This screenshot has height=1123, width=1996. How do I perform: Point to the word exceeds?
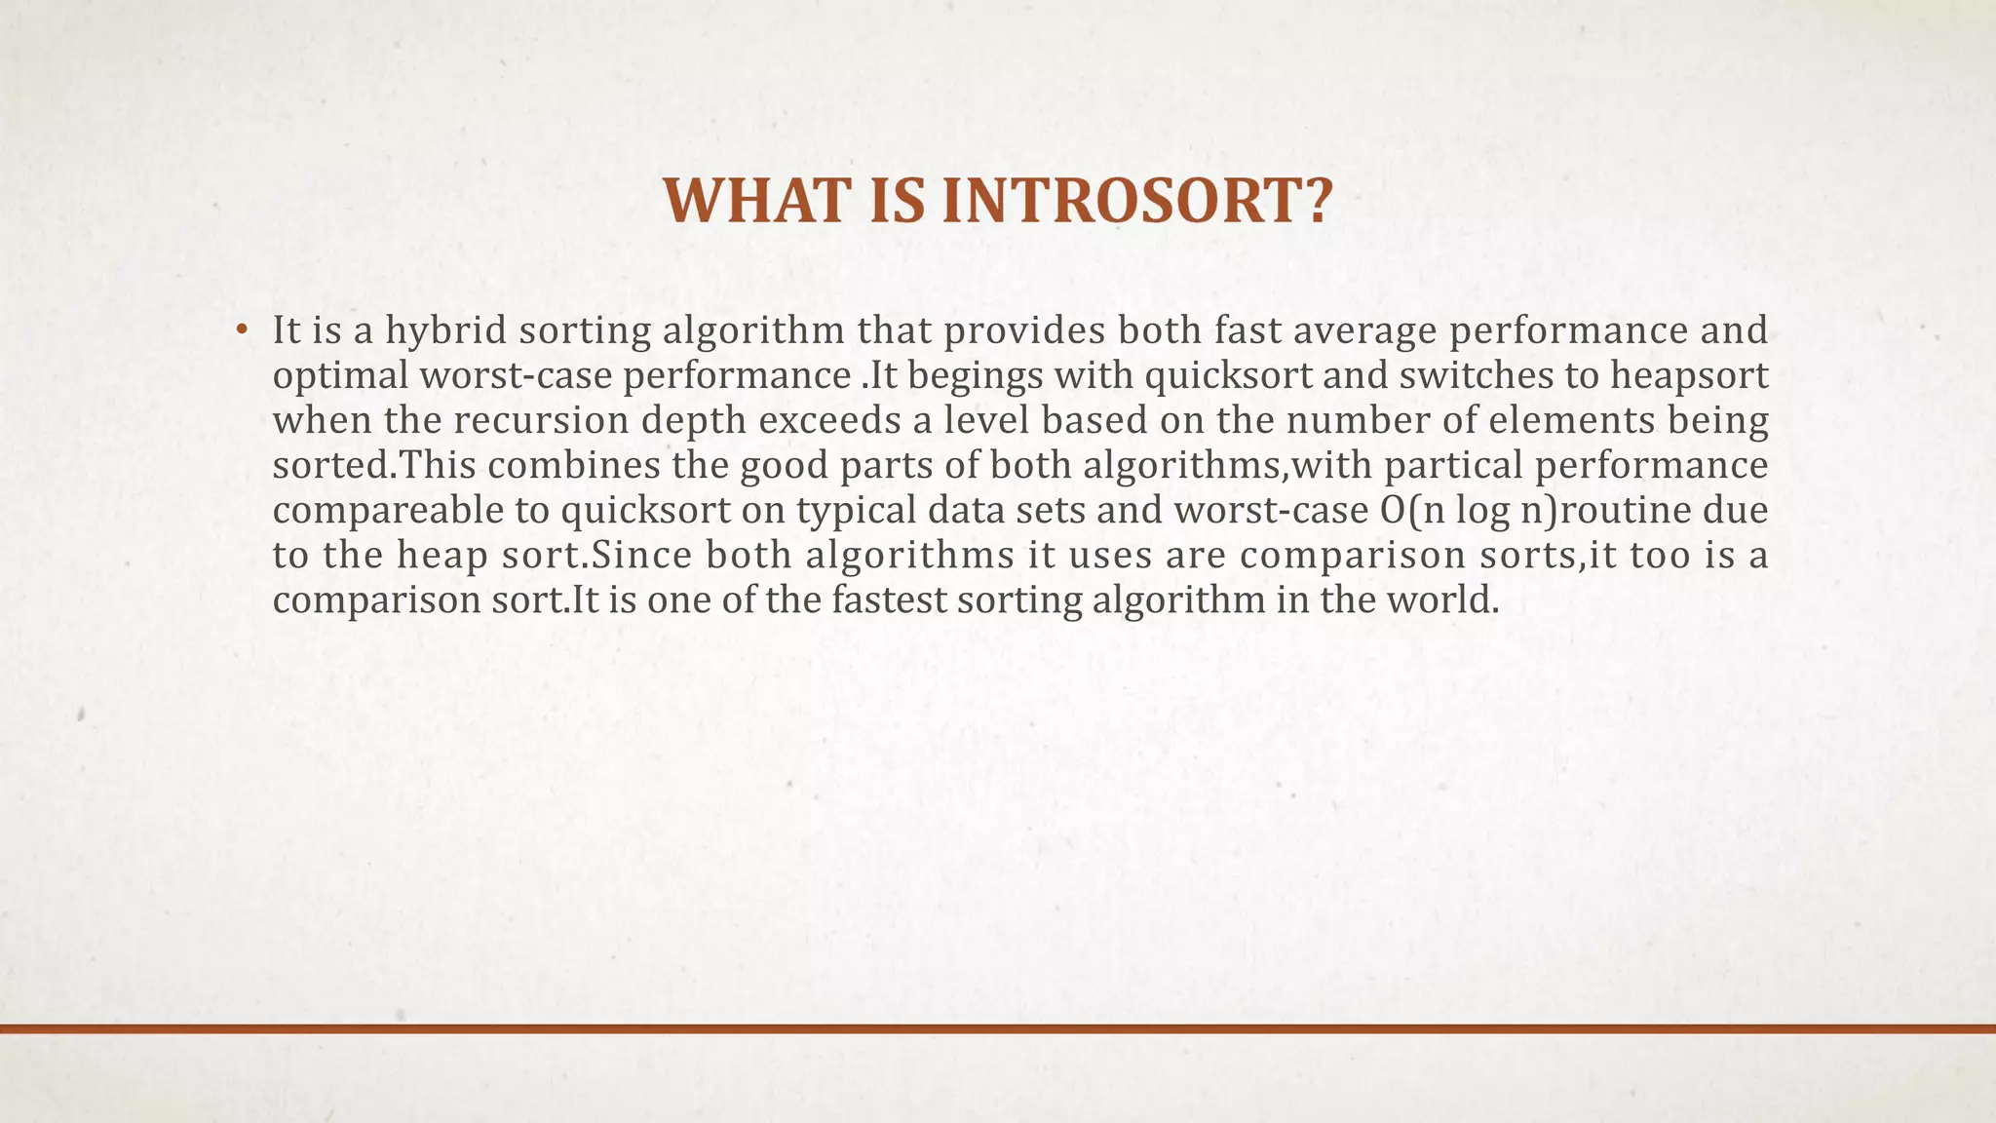[838, 420]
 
